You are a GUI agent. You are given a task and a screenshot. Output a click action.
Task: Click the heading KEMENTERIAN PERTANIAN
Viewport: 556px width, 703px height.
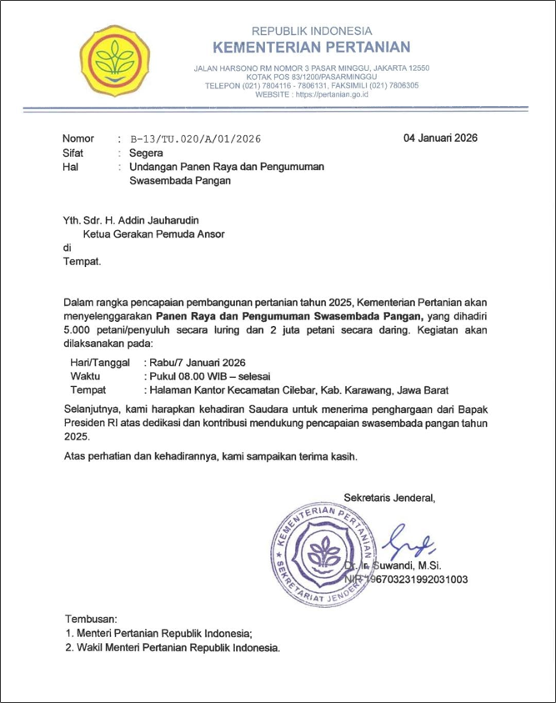click(x=312, y=47)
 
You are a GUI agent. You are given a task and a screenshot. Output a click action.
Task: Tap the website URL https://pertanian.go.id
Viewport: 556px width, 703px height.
click(x=331, y=95)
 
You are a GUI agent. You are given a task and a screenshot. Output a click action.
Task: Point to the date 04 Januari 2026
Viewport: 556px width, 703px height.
click(x=440, y=138)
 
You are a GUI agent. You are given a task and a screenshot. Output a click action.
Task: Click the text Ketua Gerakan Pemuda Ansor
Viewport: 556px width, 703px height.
click(x=158, y=234)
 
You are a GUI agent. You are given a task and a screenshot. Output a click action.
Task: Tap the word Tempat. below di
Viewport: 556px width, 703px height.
click(x=83, y=262)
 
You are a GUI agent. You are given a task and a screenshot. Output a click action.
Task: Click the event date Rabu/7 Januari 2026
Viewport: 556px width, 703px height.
click(x=196, y=363)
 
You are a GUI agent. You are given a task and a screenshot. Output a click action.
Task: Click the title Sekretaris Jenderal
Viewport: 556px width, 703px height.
click(x=390, y=499)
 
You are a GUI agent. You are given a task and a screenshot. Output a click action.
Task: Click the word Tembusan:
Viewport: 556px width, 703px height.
click(x=92, y=620)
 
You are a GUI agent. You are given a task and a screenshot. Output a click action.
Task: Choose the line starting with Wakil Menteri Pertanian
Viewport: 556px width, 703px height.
click(x=173, y=648)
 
